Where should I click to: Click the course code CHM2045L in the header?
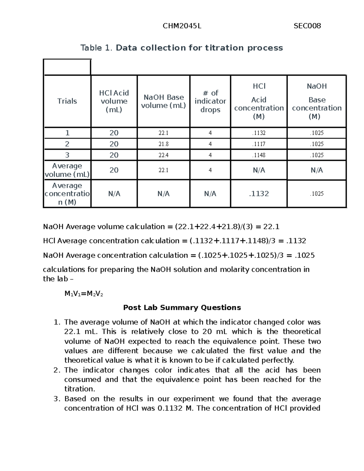(x=182, y=26)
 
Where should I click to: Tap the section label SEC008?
(x=307, y=26)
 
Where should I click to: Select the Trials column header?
(x=67, y=101)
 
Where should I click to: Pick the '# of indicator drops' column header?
(x=210, y=101)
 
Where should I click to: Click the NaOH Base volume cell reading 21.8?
(x=163, y=144)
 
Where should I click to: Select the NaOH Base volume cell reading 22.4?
(x=163, y=155)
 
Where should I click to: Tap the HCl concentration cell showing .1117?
(x=259, y=144)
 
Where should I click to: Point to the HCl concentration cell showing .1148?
(x=259, y=155)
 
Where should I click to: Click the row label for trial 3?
(x=67, y=155)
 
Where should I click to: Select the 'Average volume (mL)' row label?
(x=67, y=170)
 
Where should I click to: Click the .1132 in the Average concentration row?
(x=259, y=194)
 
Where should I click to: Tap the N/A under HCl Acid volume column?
(x=114, y=194)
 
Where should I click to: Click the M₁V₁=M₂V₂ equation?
(x=84, y=294)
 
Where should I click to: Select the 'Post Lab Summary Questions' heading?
(x=182, y=308)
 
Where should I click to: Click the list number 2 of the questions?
(x=57, y=370)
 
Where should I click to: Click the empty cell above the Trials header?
(x=67, y=67)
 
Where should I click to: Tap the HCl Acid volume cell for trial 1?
(x=114, y=133)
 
